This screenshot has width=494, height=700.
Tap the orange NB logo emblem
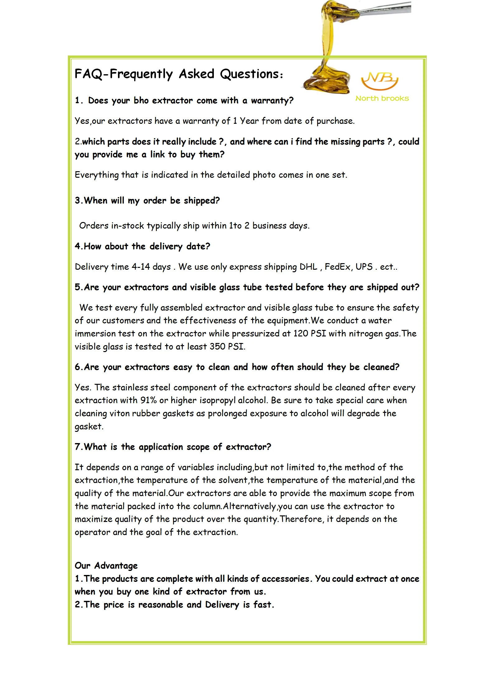coord(379,81)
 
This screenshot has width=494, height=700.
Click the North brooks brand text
coord(382,99)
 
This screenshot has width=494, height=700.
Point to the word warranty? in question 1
coord(272,101)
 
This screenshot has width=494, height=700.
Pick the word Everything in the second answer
coord(96,175)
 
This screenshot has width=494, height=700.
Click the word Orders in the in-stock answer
coord(94,226)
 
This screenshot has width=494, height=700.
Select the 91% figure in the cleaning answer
coord(148,400)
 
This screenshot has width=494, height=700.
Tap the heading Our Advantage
coord(106,566)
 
